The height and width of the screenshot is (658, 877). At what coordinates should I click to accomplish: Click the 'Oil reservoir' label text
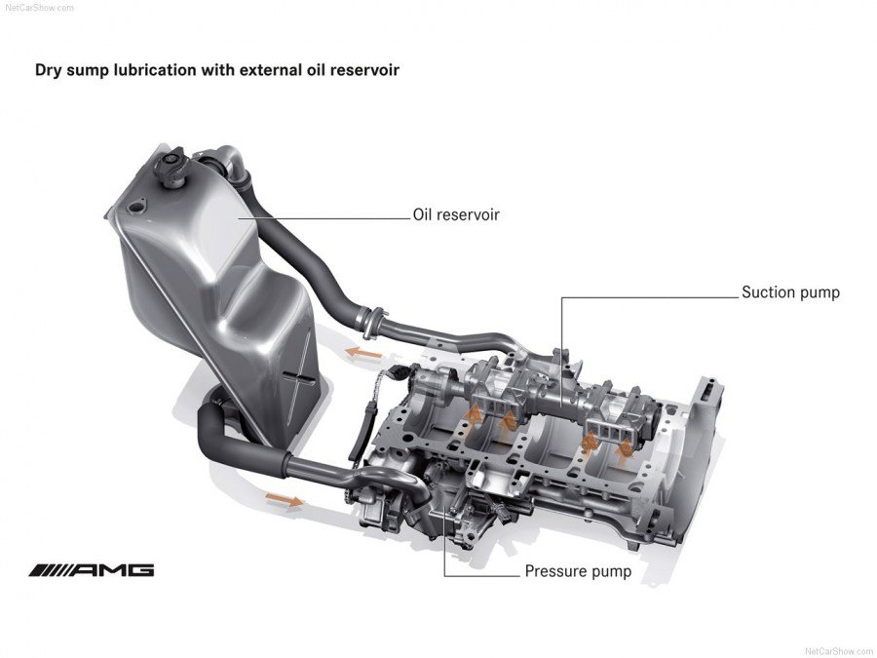click(x=456, y=214)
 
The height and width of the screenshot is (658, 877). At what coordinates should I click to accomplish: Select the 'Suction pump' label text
click(x=789, y=291)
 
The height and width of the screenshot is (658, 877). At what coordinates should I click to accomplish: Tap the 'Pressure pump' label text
click(x=578, y=571)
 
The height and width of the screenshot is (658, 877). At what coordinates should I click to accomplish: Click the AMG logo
click(x=92, y=570)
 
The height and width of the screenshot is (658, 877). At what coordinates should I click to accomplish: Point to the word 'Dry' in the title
click(x=49, y=70)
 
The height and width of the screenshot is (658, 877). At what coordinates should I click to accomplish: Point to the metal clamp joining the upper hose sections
click(x=367, y=316)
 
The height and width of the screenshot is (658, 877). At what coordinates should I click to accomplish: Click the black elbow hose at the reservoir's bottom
click(x=210, y=429)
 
